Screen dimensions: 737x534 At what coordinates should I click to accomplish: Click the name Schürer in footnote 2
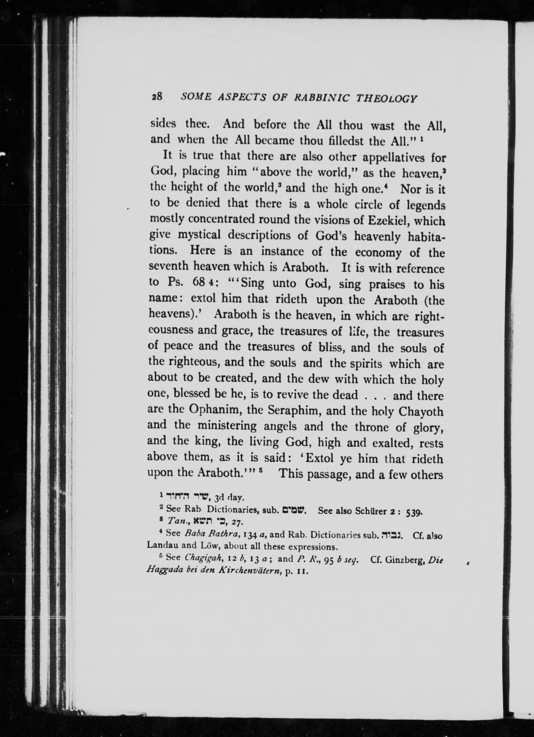click(x=369, y=511)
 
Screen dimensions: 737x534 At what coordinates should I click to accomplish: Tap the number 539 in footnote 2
click(x=414, y=512)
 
